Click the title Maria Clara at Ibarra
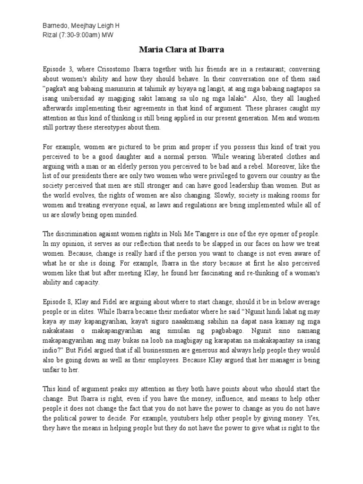point(181,49)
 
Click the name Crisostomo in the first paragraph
point(120,68)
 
